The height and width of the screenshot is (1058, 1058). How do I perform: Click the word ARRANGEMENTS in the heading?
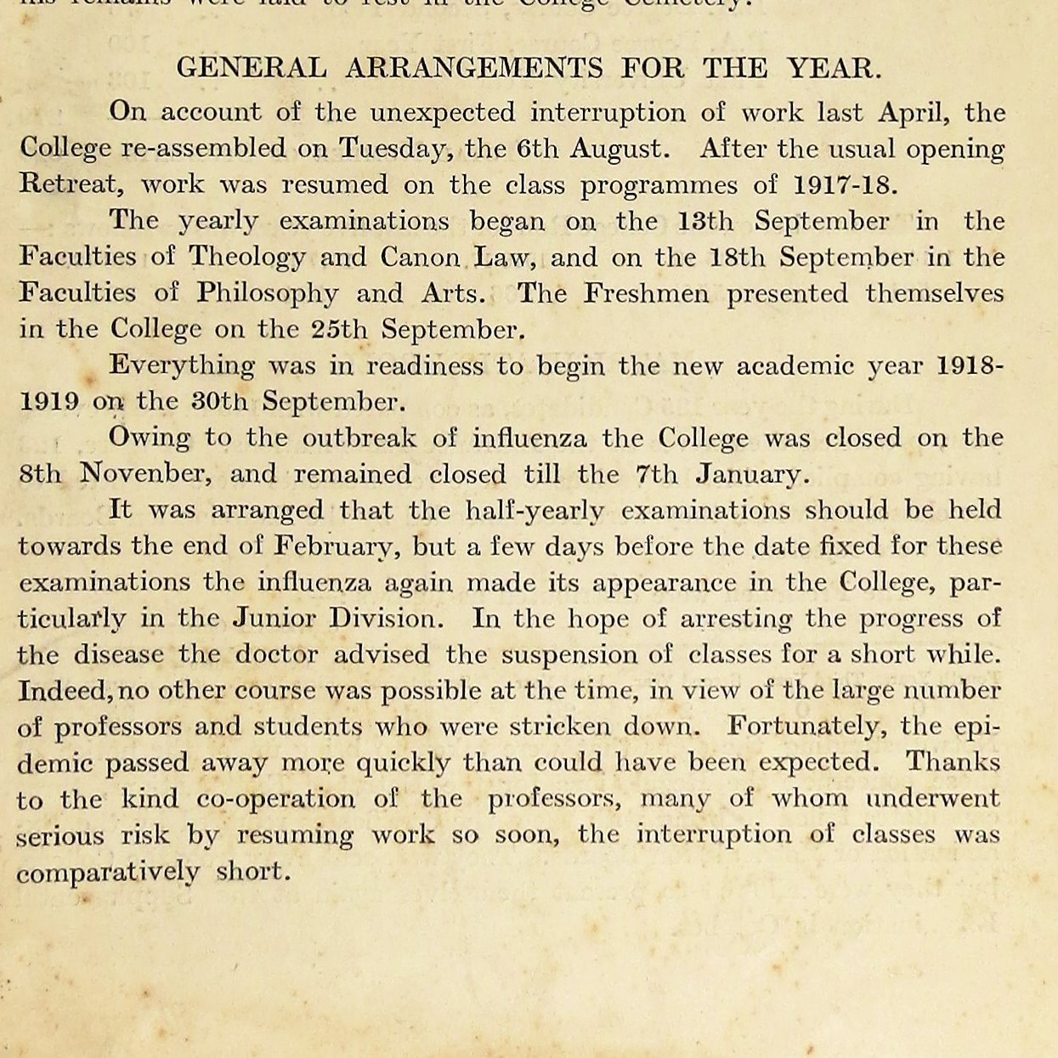click(x=473, y=68)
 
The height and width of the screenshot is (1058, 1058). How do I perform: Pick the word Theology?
click(x=247, y=257)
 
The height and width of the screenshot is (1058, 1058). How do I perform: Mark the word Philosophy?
click(x=268, y=293)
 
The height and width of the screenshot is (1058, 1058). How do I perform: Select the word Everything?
click(x=182, y=366)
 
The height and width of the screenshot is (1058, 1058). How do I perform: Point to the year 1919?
click(x=49, y=401)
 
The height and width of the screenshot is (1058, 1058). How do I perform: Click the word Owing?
click(x=150, y=438)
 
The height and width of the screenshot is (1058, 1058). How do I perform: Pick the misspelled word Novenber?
click(x=143, y=473)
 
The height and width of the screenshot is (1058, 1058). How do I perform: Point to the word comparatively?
click(x=108, y=873)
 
